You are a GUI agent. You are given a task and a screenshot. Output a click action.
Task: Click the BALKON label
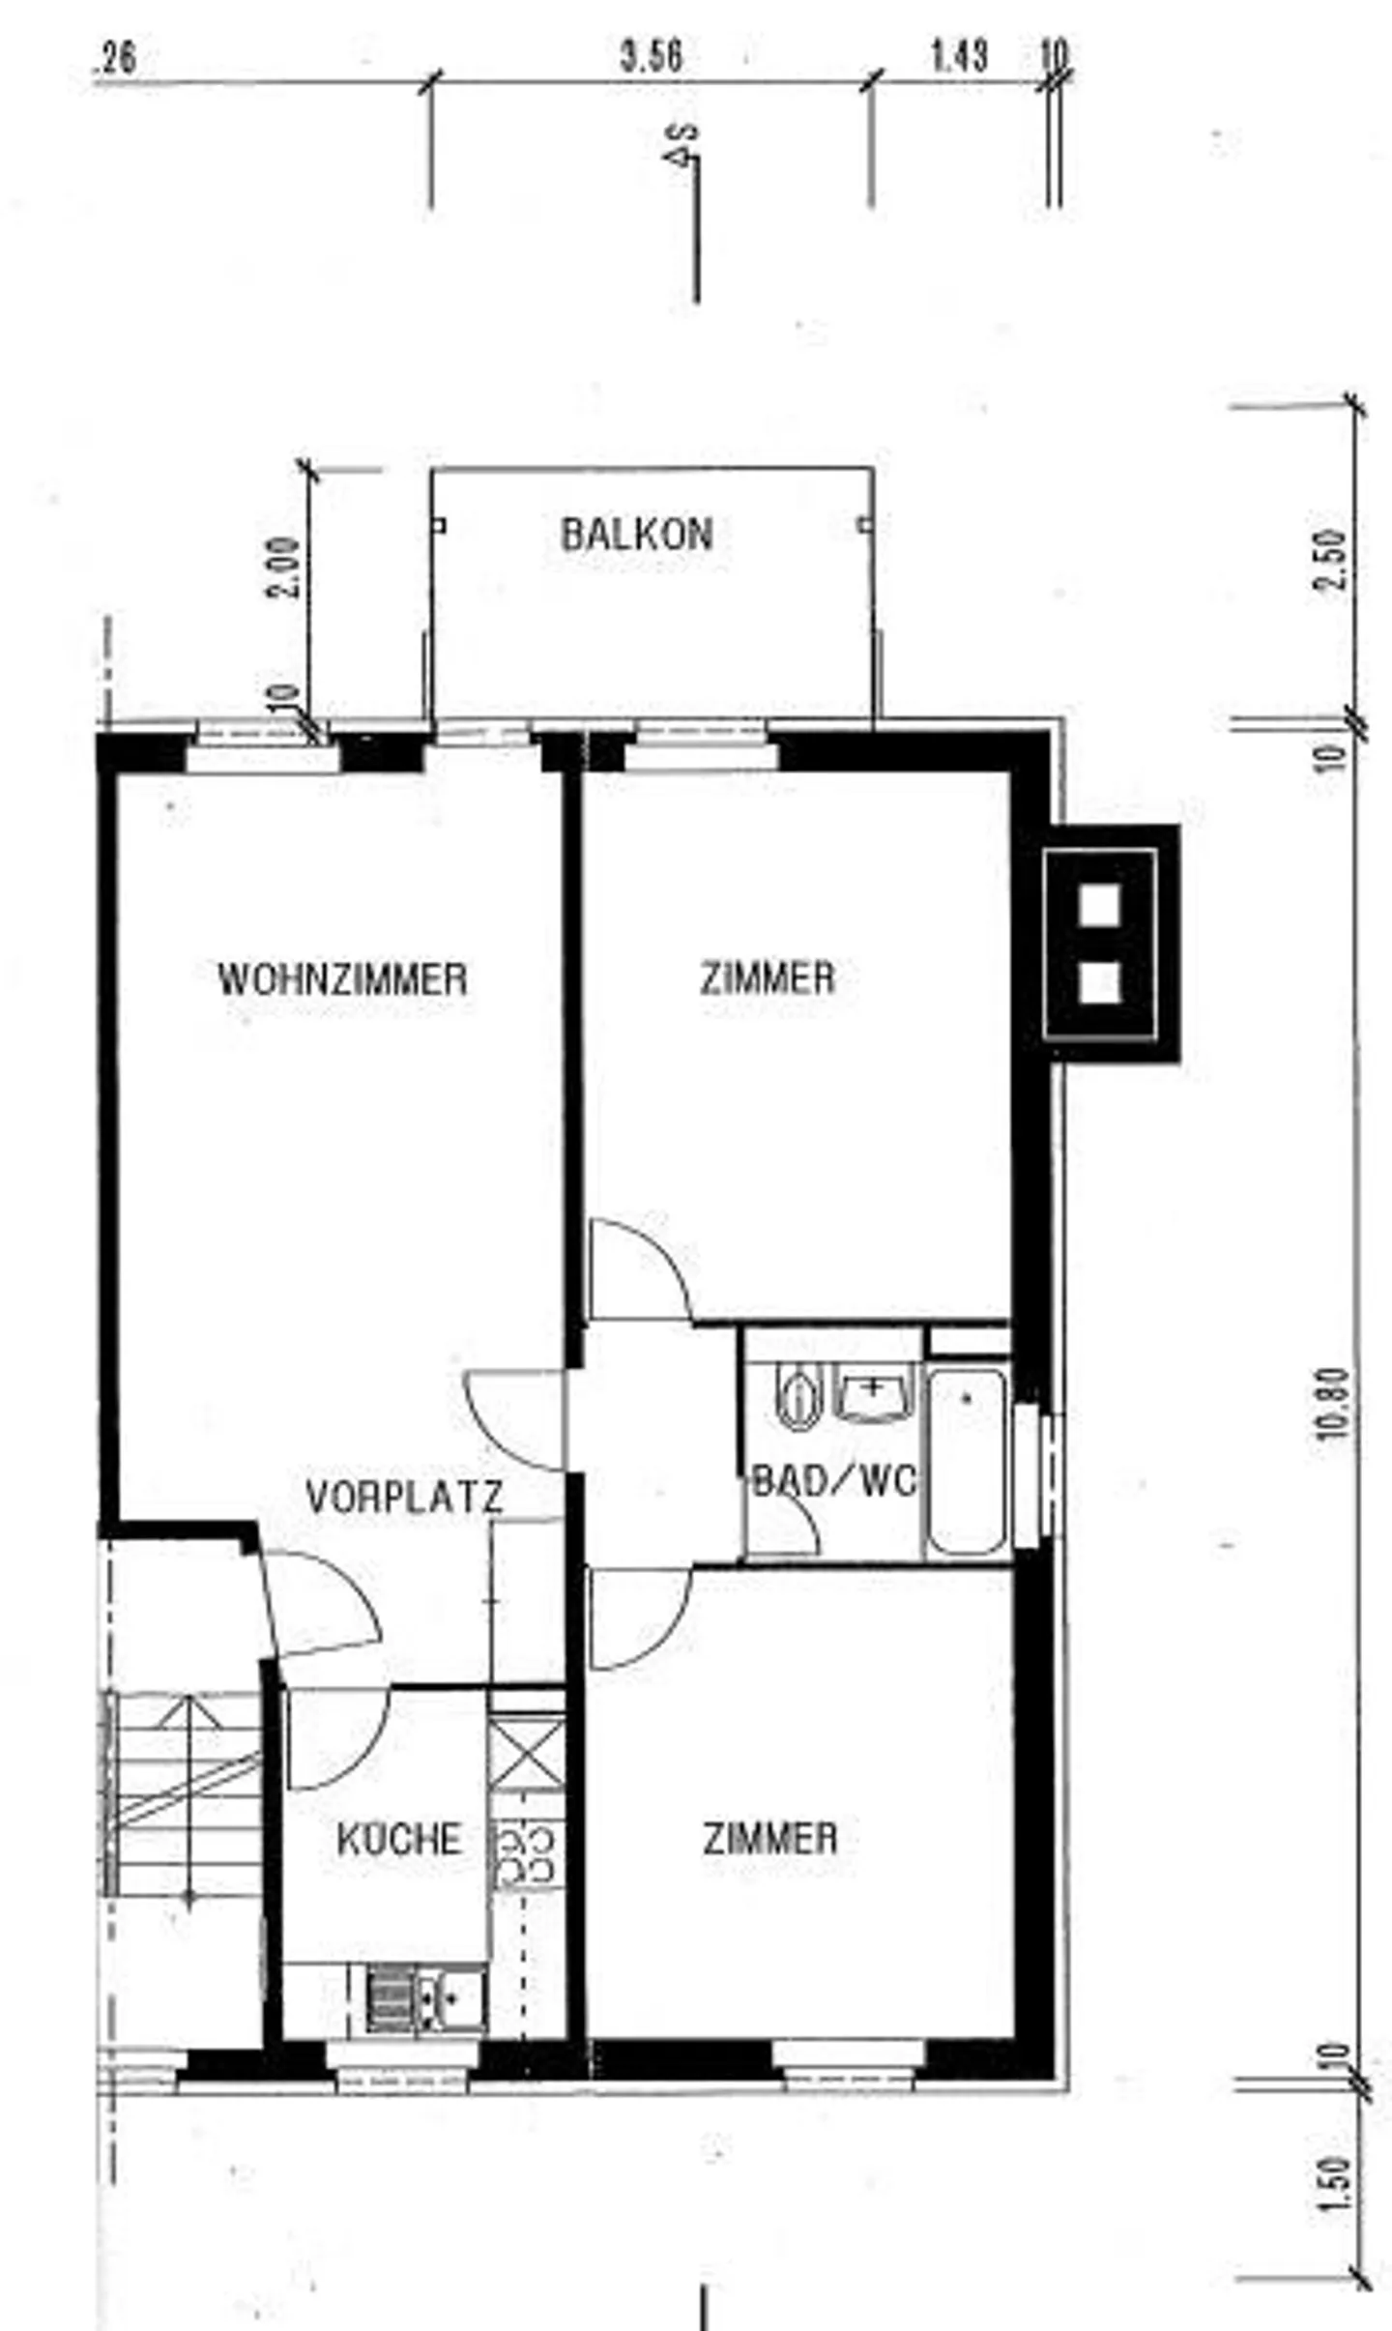tap(636, 535)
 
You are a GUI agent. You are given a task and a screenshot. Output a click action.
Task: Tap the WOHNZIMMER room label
tap(342, 979)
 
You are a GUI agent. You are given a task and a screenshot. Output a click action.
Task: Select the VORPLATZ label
tap(404, 1498)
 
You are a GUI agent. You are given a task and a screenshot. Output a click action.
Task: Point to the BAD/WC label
tap(833, 1480)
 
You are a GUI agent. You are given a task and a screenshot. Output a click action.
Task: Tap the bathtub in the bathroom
tap(968, 1457)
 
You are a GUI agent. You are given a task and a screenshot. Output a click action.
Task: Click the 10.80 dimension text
tap(1331, 1402)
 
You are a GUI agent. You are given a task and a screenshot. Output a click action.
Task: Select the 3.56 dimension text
tap(651, 57)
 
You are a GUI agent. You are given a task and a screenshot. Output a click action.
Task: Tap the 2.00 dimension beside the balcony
tap(283, 567)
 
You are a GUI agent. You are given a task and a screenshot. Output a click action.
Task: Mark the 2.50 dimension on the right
tap(1331, 559)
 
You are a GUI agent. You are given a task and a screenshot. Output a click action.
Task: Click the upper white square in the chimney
tap(1099, 905)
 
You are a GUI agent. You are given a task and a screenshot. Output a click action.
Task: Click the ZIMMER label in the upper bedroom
tap(767, 978)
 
